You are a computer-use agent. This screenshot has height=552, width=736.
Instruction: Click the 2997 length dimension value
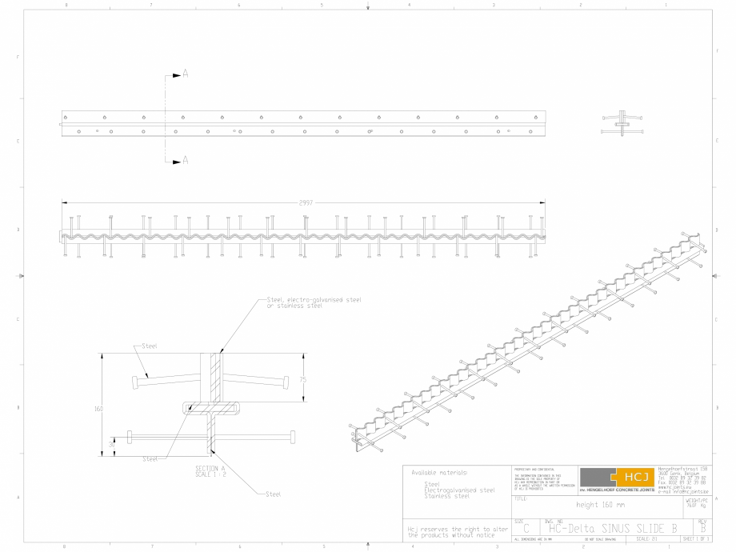(306, 202)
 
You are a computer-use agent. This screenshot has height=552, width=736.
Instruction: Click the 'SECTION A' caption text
(211, 468)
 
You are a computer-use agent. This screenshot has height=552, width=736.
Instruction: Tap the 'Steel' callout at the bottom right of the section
(273, 494)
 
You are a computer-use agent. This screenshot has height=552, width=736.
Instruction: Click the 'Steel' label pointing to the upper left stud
(149, 346)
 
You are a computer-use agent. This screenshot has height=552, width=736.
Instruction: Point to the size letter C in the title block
(526, 529)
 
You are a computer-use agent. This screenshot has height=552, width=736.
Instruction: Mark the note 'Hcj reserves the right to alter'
(457, 529)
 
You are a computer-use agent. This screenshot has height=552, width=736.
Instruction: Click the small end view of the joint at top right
(622, 122)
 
